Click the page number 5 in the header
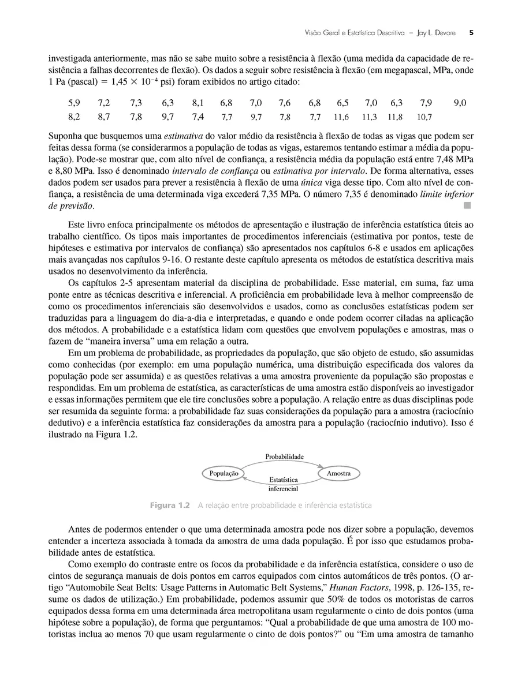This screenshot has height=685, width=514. pyautogui.click(x=471, y=33)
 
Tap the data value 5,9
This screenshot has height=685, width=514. pyautogui.click(x=74, y=103)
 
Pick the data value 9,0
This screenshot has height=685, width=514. pyautogui.click(x=460, y=103)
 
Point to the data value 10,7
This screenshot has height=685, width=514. pyautogui.click(x=424, y=117)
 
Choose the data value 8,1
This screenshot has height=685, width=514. pyautogui.click(x=198, y=103)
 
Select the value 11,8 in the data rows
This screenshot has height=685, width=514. pyautogui.click(x=395, y=117)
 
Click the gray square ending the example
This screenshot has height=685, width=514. pyautogui.click(x=467, y=205)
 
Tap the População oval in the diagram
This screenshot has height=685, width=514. pyautogui.click(x=224, y=473)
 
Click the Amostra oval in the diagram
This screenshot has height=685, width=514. pyautogui.click(x=338, y=473)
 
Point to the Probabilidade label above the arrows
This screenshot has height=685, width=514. pyautogui.click(x=285, y=456)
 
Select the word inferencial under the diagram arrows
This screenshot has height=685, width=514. pyautogui.click(x=283, y=489)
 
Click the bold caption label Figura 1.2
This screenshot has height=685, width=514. pyautogui.click(x=170, y=506)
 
